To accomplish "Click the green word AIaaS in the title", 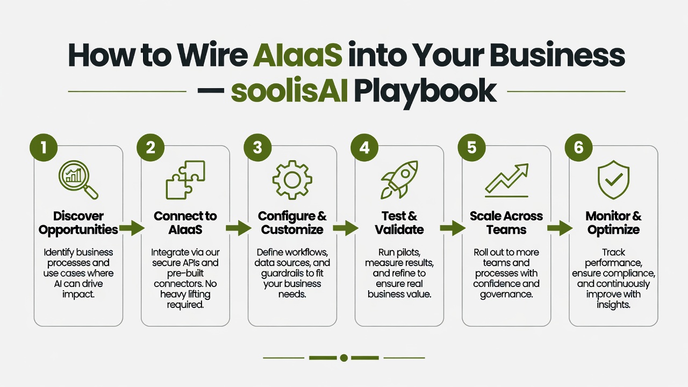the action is pyautogui.click(x=297, y=55).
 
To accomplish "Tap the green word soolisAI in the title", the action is pyautogui.click(x=289, y=91).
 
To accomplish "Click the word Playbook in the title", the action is pyautogui.click(x=425, y=92).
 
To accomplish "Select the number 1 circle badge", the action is pyautogui.click(x=44, y=147).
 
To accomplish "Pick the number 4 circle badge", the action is pyautogui.click(x=364, y=147).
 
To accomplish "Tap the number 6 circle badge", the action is pyautogui.click(x=579, y=147).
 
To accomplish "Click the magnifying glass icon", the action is pyautogui.click(x=78, y=180).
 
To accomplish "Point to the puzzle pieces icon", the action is pyautogui.click(x=185, y=180).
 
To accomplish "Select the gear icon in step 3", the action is pyautogui.click(x=292, y=180).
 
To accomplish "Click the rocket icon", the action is pyautogui.click(x=399, y=180).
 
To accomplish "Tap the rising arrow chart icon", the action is pyautogui.click(x=507, y=180).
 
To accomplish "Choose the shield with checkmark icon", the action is pyautogui.click(x=614, y=180).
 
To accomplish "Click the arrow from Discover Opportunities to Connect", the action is pyautogui.click(x=132, y=228).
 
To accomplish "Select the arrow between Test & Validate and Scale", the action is pyautogui.click(x=453, y=228).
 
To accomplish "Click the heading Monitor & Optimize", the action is pyautogui.click(x=613, y=223).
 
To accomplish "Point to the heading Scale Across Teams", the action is pyautogui.click(x=506, y=223).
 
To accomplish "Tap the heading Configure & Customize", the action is pyautogui.click(x=292, y=223).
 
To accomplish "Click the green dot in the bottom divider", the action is pyautogui.click(x=344, y=358).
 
